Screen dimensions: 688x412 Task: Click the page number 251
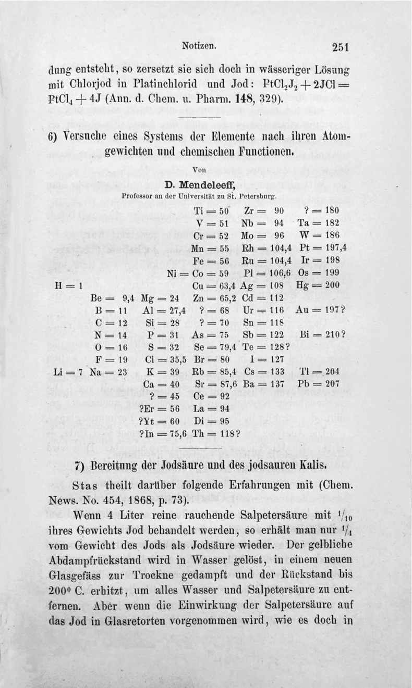point(339,47)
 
